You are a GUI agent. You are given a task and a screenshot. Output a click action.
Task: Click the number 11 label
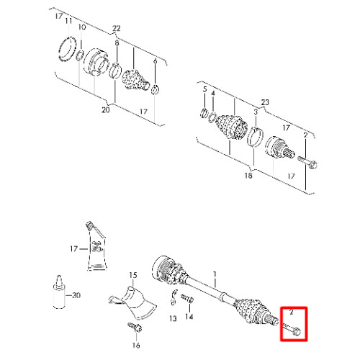coord(68,21)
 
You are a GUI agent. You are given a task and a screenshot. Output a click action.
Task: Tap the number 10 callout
coord(82,27)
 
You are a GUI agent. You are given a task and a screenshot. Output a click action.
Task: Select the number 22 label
coord(117,28)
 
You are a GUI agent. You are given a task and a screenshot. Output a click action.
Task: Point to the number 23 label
coord(265,102)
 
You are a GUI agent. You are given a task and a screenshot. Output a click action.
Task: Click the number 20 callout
coord(106,110)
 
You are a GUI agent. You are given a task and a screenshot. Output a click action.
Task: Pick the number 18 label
coord(248,176)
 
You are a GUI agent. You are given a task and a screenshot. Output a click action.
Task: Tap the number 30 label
coord(76,295)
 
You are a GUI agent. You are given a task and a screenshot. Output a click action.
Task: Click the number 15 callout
coord(133,275)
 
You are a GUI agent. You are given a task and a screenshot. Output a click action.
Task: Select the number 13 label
coord(173,318)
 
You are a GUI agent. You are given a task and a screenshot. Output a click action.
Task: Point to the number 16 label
coord(136,345)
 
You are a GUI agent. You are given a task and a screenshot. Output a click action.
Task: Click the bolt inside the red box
coord(292,329)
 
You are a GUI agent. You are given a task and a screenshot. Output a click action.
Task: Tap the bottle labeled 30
coord(59,292)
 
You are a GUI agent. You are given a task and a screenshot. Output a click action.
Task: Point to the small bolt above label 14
coord(187,298)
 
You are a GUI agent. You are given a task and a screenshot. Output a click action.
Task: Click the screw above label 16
coord(135,327)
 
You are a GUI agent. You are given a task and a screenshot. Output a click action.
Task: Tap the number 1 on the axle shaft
coord(215,274)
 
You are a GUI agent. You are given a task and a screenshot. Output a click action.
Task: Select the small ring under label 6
coord(156,89)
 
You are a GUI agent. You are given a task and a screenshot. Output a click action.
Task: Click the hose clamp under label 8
coord(114,70)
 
